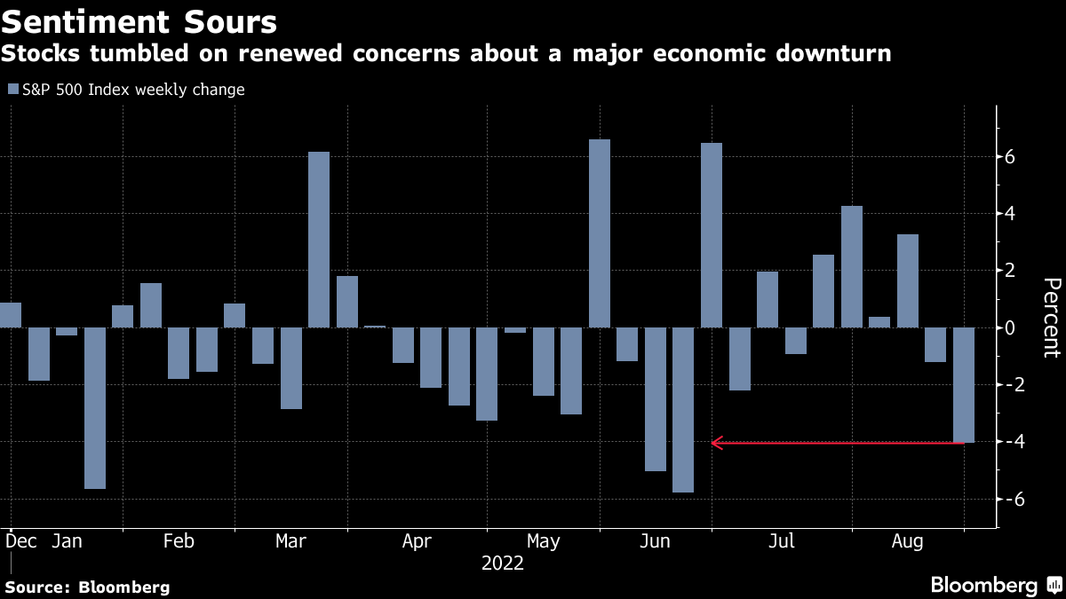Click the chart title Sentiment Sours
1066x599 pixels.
(x=139, y=20)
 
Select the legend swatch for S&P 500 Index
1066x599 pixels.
(x=12, y=90)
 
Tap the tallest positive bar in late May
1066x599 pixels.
(x=600, y=233)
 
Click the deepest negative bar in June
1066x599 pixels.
(x=683, y=410)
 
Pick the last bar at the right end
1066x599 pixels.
(x=964, y=385)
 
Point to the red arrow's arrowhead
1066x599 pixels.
(x=716, y=442)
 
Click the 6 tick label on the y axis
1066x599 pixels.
(x=1010, y=157)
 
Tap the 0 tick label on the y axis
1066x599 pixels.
(x=1010, y=328)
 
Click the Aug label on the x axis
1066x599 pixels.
(x=905, y=540)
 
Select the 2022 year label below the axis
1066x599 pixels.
(x=503, y=564)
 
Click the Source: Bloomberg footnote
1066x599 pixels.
(x=87, y=587)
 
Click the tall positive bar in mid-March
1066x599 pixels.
(x=319, y=240)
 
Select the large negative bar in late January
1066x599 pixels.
(x=95, y=408)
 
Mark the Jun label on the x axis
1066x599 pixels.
(x=655, y=540)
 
